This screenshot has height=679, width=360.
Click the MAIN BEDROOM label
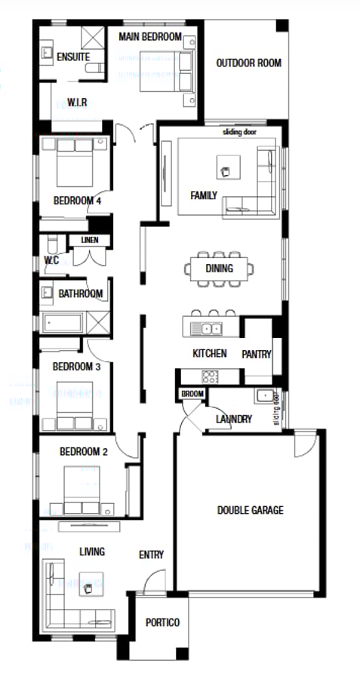151,37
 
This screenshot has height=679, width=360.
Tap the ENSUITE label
73,57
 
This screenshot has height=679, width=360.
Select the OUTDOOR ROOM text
248,63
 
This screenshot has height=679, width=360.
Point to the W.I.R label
79,101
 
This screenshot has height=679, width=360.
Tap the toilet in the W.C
51,244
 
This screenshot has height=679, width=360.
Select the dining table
218,269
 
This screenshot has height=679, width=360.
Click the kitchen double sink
206,328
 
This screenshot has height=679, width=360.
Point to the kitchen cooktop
210,376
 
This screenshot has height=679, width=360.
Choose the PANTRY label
256,354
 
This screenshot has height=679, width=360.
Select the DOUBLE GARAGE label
250,511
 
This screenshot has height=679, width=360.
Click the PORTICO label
162,622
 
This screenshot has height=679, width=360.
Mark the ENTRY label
151,555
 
